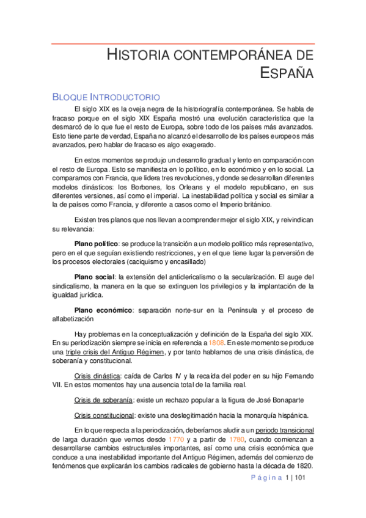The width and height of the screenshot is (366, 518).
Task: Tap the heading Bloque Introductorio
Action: click(106, 97)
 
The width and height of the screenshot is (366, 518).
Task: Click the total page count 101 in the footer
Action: click(299, 478)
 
